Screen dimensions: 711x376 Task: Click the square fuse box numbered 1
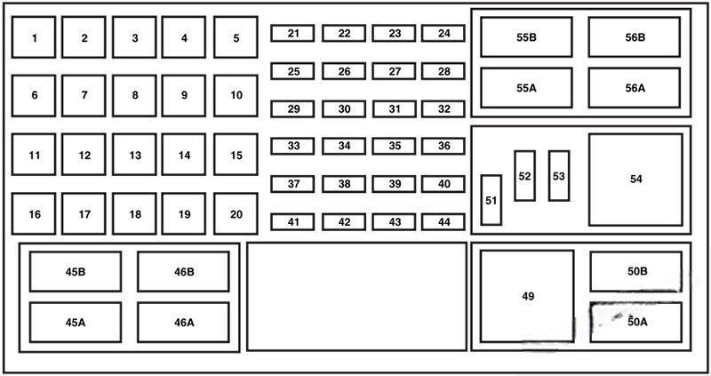point(34,37)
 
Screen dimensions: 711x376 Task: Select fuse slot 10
point(236,96)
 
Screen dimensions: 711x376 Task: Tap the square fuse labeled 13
point(135,154)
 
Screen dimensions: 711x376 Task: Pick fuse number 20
point(236,213)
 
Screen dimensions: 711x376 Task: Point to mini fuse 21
point(292,34)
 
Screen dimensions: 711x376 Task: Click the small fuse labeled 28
point(443,71)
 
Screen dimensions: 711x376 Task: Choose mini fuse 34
point(344,146)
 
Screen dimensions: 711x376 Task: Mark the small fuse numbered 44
point(443,222)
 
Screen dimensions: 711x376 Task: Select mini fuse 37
point(292,184)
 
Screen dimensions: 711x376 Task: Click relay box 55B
point(526,37)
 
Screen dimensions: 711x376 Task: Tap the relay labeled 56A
point(635,88)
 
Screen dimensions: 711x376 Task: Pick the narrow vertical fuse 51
point(491,200)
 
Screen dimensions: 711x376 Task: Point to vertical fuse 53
point(559,176)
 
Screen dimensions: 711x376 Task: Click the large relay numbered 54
point(635,180)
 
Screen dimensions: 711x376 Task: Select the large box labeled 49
point(527,296)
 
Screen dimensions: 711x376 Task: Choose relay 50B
point(635,272)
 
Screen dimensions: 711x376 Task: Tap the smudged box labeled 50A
point(635,322)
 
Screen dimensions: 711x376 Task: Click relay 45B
point(76,272)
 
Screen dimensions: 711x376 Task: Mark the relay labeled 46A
point(183,323)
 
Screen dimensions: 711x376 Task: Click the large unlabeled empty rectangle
point(356,297)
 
